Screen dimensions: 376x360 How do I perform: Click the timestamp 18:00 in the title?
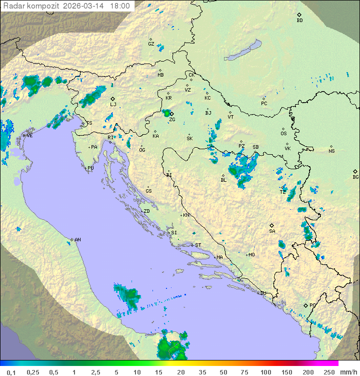click(120, 6)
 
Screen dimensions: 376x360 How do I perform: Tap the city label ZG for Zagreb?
click(172, 120)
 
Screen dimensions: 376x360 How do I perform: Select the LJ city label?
click(113, 105)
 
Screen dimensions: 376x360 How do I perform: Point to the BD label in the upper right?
click(299, 21)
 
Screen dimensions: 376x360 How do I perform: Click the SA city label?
click(272, 231)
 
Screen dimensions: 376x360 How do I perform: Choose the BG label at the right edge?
click(355, 177)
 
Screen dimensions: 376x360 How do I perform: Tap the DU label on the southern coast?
click(263, 293)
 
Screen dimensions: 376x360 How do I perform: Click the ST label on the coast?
click(198, 245)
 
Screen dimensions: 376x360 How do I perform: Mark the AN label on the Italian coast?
click(77, 240)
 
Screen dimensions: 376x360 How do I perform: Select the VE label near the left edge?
click(29, 136)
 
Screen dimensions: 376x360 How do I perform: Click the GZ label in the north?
click(151, 44)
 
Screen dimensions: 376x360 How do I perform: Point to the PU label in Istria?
click(90, 168)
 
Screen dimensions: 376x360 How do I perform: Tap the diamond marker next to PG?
click(305, 305)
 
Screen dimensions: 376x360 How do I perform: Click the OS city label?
click(283, 134)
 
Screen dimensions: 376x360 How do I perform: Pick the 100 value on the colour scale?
click(265, 372)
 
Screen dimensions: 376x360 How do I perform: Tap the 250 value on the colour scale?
click(328, 372)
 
